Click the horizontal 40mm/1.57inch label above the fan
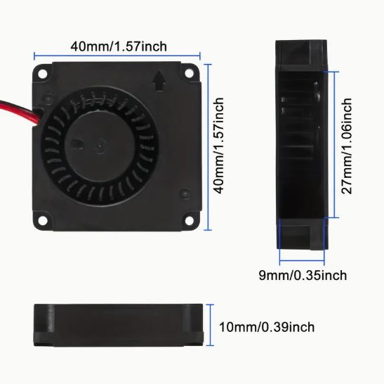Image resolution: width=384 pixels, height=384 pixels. coord(119,46)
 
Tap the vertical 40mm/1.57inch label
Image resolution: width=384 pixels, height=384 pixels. coord(218,146)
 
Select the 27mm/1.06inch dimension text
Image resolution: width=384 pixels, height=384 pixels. coord(347,146)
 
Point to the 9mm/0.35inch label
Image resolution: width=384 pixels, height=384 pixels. coord(303,275)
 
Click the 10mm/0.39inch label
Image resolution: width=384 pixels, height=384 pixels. coord(267,327)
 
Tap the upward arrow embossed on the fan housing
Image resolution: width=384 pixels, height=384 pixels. coord(159,81)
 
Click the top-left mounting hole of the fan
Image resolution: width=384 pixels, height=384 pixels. coord(43,73)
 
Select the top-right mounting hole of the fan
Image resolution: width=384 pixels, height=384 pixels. coord(189,73)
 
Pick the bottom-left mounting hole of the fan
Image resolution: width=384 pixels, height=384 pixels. coord(43,220)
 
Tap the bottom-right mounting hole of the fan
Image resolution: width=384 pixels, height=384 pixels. coord(190,220)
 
